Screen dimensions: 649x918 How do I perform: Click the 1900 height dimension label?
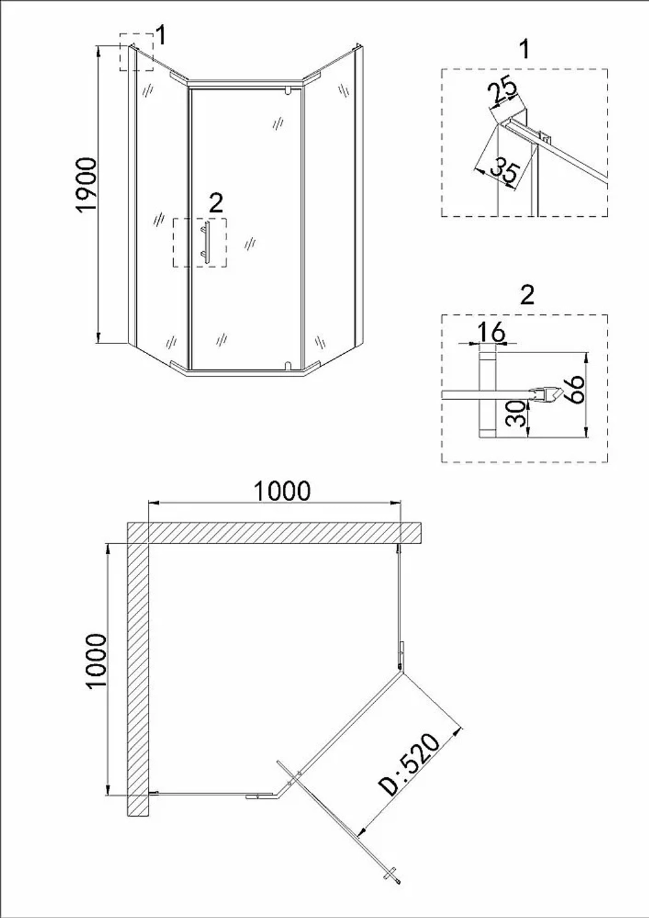[x=87, y=185]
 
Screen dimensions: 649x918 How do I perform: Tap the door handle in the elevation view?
[x=206, y=241]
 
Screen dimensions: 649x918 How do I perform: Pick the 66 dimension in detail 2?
[x=574, y=389]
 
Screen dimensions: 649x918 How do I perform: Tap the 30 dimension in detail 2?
[x=515, y=414]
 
